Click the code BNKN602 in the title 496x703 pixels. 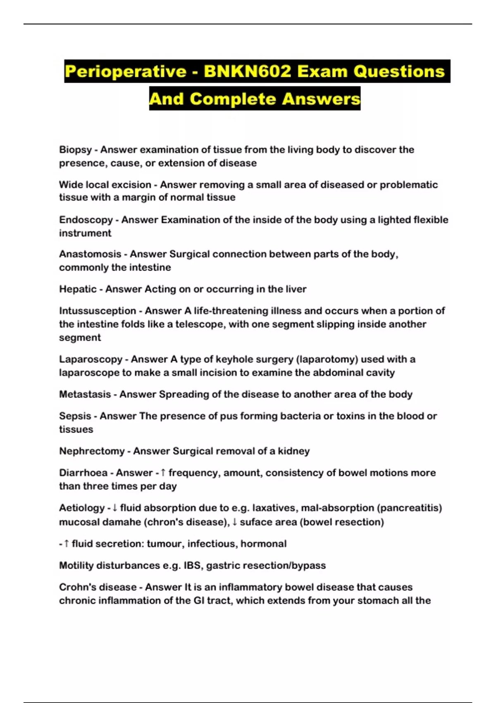pos(248,71)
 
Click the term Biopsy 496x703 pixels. pos(75,150)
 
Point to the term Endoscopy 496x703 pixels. pos(86,220)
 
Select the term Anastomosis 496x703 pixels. pos(90,254)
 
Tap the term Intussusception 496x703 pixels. pos(98,311)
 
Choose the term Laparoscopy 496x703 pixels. pos(91,359)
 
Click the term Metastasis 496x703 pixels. pos(85,394)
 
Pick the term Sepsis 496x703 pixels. pos(75,416)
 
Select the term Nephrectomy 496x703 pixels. pos(92,451)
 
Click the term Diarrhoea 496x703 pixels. pos(83,473)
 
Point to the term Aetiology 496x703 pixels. pos(82,508)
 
